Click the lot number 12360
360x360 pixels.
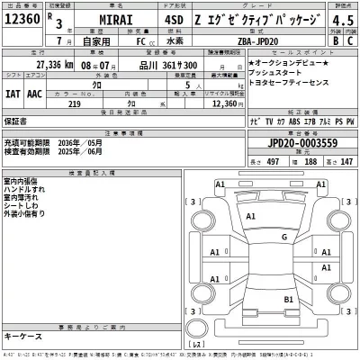23,19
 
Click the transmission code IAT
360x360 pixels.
14,92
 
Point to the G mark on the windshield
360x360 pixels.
284,237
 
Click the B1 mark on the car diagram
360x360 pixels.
289,298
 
